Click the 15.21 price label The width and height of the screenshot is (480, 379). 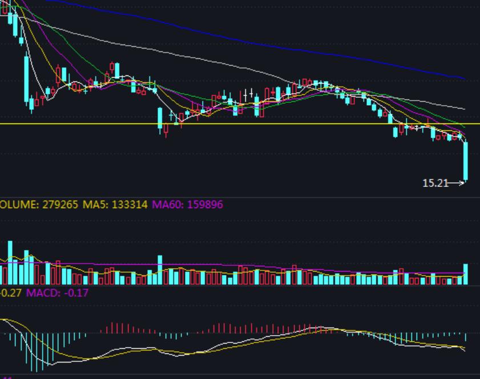point(435,183)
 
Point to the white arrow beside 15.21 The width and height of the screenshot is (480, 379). point(457,183)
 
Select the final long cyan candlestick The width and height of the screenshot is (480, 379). point(466,161)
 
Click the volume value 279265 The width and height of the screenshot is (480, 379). point(60,204)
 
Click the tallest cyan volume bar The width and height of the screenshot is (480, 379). point(10,262)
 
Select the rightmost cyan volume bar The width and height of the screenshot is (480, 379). point(466,274)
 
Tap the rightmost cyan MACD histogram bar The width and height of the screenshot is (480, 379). point(466,337)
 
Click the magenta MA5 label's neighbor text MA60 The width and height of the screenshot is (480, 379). point(162,204)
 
